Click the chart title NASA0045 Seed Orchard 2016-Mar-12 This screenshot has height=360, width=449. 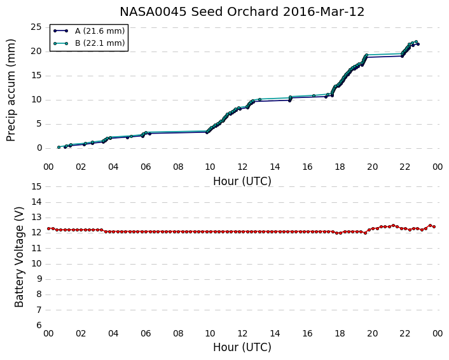click(242, 12)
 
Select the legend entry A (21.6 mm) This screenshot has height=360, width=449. click(100, 31)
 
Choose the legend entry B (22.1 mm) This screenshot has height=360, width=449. click(100, 43)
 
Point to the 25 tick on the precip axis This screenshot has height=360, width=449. click(36, 27)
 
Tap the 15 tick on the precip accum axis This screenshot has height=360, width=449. click(36, 76)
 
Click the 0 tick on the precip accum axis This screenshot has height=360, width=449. click(39, 148)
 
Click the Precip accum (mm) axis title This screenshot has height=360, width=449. click(11, 90)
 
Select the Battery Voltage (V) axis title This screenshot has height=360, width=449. click(19, 257)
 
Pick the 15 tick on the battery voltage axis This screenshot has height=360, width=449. click(36, 187)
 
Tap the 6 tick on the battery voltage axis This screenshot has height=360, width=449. click(39, 326)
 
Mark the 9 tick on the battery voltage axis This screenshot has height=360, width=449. click(39, 279)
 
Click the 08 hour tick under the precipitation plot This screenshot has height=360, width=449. click(178, 167)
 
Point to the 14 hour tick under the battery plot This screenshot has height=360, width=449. click(275, 334)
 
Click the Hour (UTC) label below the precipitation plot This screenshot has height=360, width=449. click(242, 181)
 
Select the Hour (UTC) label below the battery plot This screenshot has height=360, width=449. click(242, 347)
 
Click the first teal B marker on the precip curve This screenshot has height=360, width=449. click(59, 147)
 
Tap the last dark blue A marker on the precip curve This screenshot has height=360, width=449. click(418, 44)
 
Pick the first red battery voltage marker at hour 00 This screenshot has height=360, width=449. click(49, 228)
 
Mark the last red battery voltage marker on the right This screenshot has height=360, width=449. click(434, 227)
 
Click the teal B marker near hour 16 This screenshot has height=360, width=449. click(314, 95)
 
